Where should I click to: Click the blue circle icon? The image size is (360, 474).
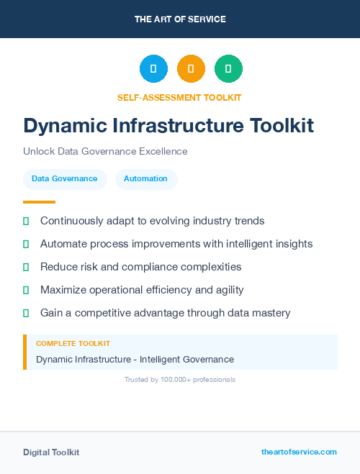click(153, 69)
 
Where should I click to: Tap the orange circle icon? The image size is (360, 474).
click(191, 69)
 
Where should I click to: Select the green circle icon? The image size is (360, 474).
click(228, 69)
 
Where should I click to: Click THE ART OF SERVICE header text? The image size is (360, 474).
click(180, 19)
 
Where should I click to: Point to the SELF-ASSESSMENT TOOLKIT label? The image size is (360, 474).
click(179, 97)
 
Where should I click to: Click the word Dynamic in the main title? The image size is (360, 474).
click(63, 126)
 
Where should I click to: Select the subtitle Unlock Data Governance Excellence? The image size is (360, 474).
click(105, 152)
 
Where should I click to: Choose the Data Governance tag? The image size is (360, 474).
click(65, 178)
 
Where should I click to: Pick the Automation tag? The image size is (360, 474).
click(145, 178)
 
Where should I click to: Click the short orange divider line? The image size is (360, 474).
click(39, 202)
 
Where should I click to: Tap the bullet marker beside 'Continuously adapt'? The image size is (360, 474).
click(26, 222)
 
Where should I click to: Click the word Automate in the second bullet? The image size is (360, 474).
click(64, 244)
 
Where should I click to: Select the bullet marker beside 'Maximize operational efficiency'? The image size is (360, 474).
click(26, 290)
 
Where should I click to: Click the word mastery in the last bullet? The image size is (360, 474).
click(269, 313)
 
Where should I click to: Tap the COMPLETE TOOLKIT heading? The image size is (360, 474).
click(73, 344)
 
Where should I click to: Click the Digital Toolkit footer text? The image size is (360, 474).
click(51, 452)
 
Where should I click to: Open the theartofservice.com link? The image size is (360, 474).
click(299, 452)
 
